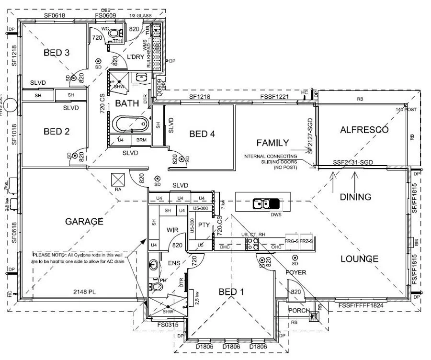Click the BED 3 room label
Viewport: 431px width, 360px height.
57,53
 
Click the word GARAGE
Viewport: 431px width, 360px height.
84,221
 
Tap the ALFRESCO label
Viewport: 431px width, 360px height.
364,130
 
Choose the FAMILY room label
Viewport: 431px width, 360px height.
272,143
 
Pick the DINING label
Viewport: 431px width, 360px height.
355,197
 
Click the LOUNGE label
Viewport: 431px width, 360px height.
359,259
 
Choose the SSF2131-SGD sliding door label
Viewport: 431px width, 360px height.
352,163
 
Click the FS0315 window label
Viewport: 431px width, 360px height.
167,325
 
